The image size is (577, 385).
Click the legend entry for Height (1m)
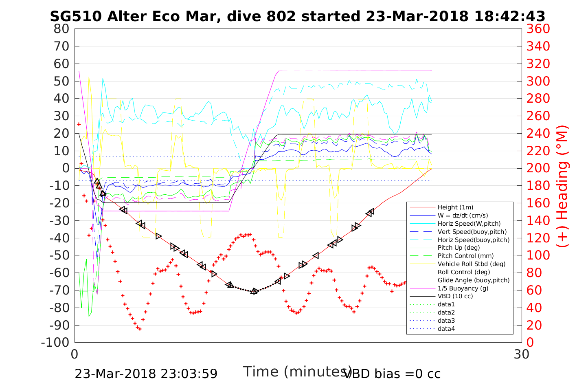455,207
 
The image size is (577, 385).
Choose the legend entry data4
446,328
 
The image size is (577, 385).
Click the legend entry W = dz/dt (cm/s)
463,216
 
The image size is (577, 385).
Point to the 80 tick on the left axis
61,29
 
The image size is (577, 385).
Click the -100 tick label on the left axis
56,342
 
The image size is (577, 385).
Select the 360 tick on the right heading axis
538,29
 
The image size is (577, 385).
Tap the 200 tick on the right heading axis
538,168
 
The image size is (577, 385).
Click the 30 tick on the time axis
522,354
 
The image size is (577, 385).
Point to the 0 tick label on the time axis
75,354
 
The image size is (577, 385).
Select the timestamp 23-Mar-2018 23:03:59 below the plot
146,374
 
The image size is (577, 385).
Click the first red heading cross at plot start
79,124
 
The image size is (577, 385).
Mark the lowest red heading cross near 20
140,329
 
